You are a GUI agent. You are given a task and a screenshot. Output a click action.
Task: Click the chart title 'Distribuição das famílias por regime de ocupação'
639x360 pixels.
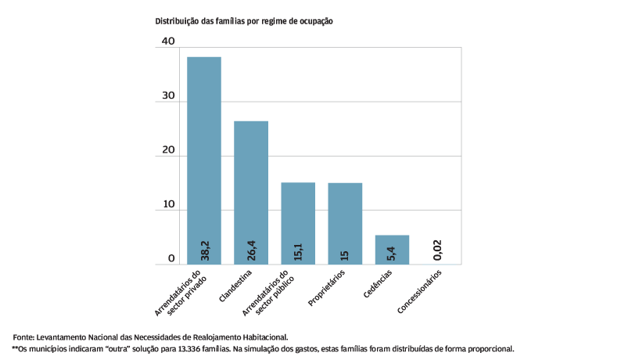click(x=244, y=21)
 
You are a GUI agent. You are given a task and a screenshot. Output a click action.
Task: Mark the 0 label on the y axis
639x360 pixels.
click(x=171, y=258)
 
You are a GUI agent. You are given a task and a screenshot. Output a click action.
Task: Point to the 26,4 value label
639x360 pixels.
click(x=252, y=250)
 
